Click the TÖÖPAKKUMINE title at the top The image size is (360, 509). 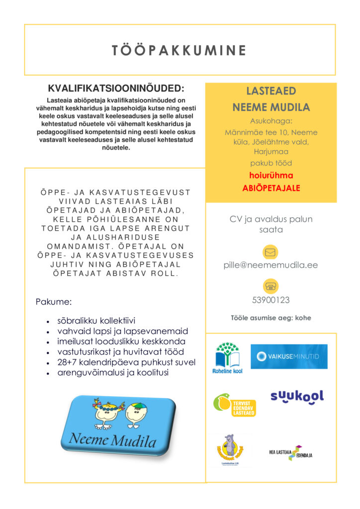pyautogui.click(x=180, y=50)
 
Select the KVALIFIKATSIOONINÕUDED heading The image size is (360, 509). pyautogui.click(x=115, y=89)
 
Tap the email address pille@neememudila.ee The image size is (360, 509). pyautogui.click(x=270, y=265)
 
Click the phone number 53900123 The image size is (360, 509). pyautogui.click(x=270, y=300)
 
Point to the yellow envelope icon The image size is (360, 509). pyautogui.click(x=270, y=252)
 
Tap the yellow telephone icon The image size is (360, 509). pyautogui.click(x=270, y=286)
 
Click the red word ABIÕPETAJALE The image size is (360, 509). pyautogui.click(x=271, y=188)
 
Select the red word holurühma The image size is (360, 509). pyautogui.click(x=271, y=175)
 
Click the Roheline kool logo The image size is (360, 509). pyautogui.click(x=228, y=357)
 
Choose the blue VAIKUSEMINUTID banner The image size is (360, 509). pyautogui.click(x=289, y=356)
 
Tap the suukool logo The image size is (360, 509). pyautogui.click(x=297, y=396)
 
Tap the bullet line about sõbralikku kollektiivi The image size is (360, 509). pyautogui.click(x=96, y=321)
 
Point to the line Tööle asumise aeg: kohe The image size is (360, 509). pyautogui.click(x=270, y=318)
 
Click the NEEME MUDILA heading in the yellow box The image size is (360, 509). pyautogui.click(x=271, y=107)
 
